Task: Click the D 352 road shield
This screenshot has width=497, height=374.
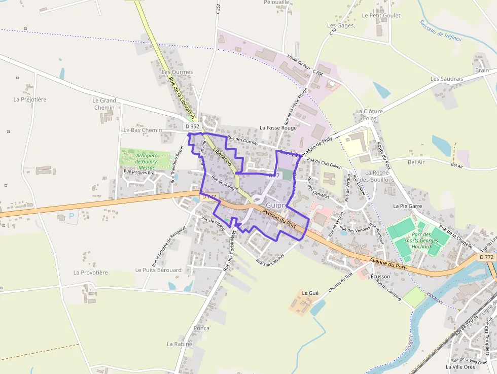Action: [192, 126]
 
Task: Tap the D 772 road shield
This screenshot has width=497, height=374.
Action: [486, 257]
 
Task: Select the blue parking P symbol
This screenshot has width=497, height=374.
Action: [71, 216]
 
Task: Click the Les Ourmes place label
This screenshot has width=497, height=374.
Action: [177, 72]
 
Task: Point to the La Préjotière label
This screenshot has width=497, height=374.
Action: [30, 99]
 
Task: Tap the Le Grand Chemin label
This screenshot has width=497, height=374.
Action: [104, 104]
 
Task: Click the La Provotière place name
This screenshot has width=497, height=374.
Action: [91, 273]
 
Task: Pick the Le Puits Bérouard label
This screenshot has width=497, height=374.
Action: [158, 270]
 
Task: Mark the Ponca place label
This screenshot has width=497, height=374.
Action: [201, 328]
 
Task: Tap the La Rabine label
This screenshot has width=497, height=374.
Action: [180, 344]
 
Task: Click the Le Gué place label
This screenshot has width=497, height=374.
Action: [310, 293]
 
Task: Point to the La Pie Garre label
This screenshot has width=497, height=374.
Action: [408, 206]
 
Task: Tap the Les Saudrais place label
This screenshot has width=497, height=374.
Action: [447, 79]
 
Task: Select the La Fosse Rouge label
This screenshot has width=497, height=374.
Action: [278, 128]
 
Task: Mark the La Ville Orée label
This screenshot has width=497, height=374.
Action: [460, 366]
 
